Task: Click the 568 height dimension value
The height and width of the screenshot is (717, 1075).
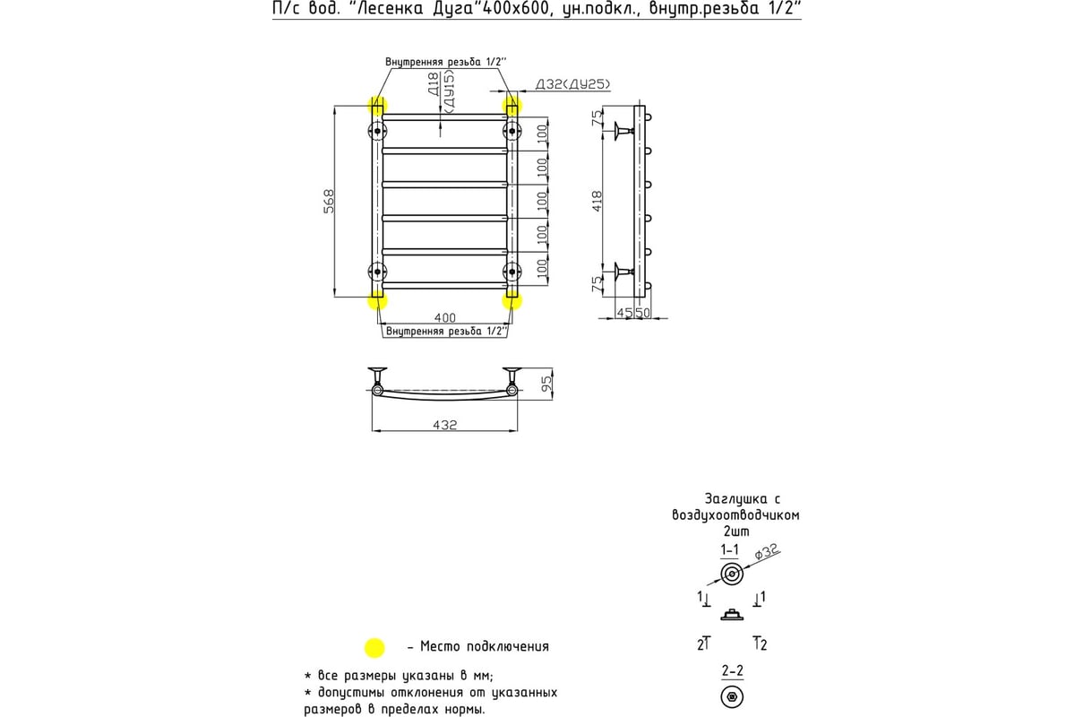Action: point(329,202)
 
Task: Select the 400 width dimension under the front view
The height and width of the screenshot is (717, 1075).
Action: point(444,317)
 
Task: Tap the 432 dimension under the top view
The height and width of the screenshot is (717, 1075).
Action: point(444,424)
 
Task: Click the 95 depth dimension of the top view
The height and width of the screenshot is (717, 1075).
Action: point(546,383)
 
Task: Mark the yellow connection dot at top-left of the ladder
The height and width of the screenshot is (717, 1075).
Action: point(377,106)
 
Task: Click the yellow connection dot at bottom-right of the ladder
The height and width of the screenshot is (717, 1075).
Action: point(512,299)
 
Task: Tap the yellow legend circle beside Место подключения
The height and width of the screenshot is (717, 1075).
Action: point(374,647)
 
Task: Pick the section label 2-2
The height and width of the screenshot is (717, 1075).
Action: point(731,669)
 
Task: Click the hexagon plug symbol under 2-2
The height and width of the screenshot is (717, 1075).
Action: point(732,696)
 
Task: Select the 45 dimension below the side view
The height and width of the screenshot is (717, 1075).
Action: point(625,313)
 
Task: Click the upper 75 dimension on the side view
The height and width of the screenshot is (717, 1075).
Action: point(598,120)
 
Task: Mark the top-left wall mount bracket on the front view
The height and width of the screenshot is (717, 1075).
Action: point(377,131)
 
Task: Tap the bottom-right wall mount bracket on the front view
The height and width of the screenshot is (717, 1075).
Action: point(512,271)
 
